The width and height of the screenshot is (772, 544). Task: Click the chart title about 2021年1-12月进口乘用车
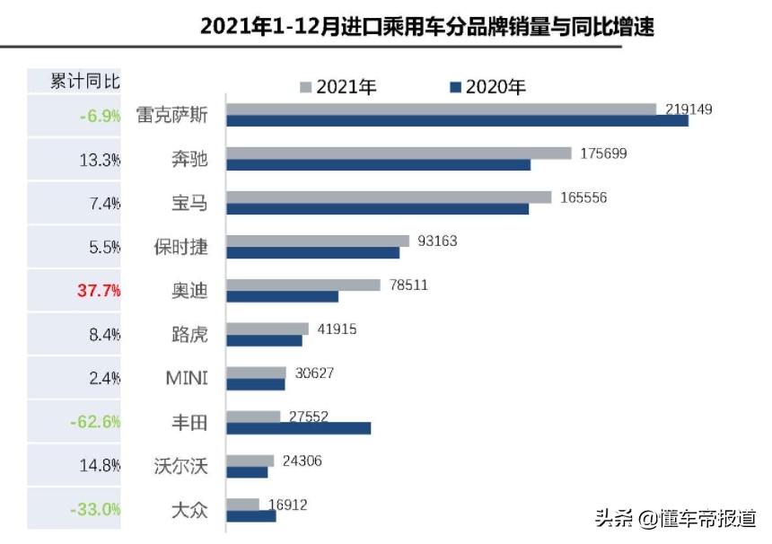pyautogui.click(x=426, y=26)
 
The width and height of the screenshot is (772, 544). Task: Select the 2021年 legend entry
pyautogui.click(x=338, y=87)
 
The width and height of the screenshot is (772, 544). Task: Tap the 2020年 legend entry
pyautogui.click(x=487, y=87)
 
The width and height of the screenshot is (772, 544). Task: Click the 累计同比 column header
pyautogui.click(x=85, y=81)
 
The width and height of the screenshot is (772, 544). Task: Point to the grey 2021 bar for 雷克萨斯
pyautogui.click(x=441, y=109)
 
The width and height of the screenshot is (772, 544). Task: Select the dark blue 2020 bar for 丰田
pyautogui.click(x=298, y=428)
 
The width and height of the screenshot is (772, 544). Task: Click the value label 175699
pyautogui.click(x=603, y=154)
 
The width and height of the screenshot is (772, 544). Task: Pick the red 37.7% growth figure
pyautogui.click(x=97, y=291)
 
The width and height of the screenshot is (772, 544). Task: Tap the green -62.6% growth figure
pyautogui.click(x=97, y=422)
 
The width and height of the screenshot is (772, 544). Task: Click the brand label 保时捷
pyautogui.click(x=181, y=247)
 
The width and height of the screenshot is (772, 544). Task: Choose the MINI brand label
pyautogui.click(x=186, y=378)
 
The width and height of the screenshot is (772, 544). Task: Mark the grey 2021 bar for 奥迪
pyautogui.click(x=303, y=285)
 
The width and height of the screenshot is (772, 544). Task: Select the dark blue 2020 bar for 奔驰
pyautogui.click(x=378, y=165)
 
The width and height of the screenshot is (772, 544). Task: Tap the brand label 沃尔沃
pyautogui.click(x=181, y=466)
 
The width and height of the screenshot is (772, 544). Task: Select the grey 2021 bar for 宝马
pyautogui.click(x=389, y=197)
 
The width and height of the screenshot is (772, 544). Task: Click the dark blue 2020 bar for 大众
pyautogui.click(x=250, y=516)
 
